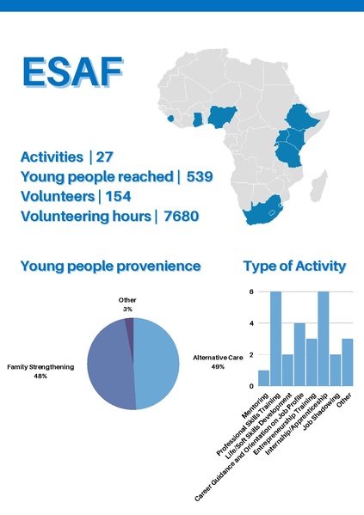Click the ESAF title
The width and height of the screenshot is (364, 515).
pyautogui.click(x=67, y=73)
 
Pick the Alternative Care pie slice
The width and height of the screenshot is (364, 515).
pyautogui.click(x=157, y=361)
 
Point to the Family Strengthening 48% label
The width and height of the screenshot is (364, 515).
pyautogui.click(x=40, y=371)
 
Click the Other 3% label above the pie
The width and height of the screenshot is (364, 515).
pyautogui.click(x=127, y=304)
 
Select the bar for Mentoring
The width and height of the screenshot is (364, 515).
pyautogui.click(x=263, y=377)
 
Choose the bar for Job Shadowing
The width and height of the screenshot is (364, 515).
pyautogui.click(x=336, y=370)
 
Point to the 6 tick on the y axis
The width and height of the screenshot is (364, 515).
pyautogui.click(x=250, y=291)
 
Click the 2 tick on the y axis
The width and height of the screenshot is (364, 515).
pyautogui.click(x=250, y=354)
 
